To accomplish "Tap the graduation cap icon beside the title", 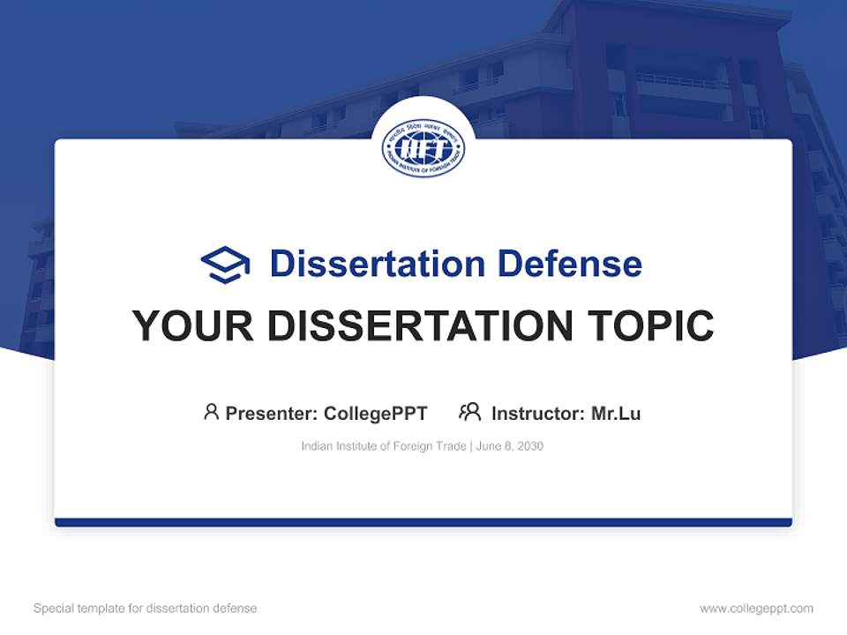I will click(225, 265).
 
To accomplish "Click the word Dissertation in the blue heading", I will click(377, 264).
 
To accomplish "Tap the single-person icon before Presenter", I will click(211, 412).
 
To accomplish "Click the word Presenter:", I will click(271, 413).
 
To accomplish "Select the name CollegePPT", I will click(376, 413).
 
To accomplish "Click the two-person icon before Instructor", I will click(469, 412).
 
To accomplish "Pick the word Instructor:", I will click(538, 413).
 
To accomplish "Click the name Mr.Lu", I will click(616, 413).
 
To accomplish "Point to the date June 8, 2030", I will click(510, 446).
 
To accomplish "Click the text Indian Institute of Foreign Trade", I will click(384, 446).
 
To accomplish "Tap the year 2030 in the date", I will click(530, 446).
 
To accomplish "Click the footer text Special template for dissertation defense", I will click(146, 609).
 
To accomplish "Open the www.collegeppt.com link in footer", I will click(756, 609).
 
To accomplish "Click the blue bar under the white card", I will click(423, 522).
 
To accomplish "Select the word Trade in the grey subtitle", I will click(451, 446).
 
